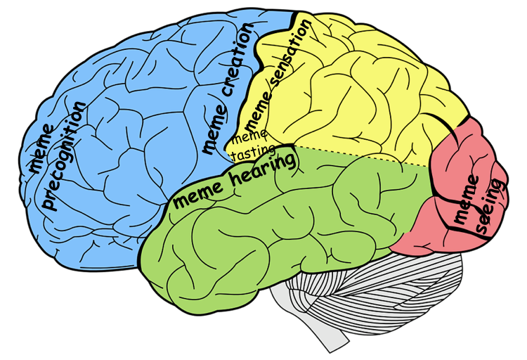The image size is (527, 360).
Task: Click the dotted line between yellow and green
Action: point(358,155)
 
